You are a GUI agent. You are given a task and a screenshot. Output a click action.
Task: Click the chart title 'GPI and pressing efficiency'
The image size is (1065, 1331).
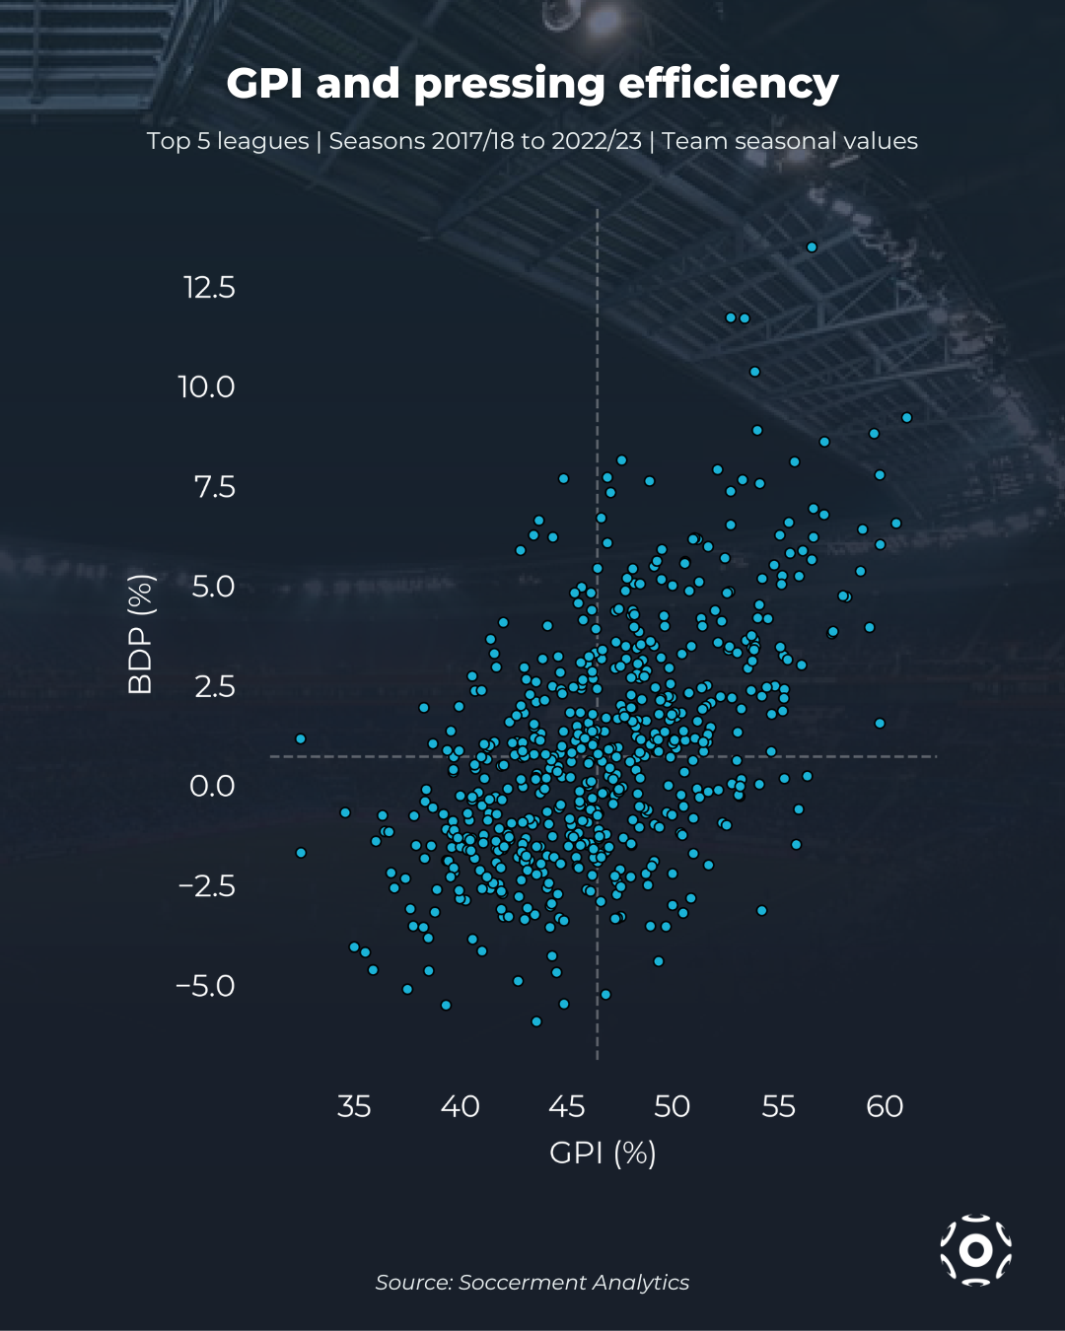pyautogui.click(x=532, y=84)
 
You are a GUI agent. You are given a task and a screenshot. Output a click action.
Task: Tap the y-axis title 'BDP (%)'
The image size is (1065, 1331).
pyautogui.click(x=141, y=634)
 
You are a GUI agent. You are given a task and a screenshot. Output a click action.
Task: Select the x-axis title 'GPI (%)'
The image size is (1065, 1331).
pyautogui.click(x=603, y=1152)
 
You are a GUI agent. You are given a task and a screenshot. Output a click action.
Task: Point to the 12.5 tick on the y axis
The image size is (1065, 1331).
pyautogui.click(x=209, y=288)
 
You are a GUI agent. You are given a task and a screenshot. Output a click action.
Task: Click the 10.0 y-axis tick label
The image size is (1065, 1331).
pyautogui.click(x=206, y=386)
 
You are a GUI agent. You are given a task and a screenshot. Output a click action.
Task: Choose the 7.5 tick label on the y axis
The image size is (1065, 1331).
pyautogui.click(x=214, y=487)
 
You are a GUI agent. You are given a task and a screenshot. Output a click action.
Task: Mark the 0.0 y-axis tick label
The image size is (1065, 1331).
pyautogui.click(x=212, y=786)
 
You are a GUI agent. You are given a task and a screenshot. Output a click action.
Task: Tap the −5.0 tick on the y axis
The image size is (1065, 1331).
pyautogui.click(x=205, y=986)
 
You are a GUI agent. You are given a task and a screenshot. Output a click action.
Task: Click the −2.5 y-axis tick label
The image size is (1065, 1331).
pyautogui.click(x=206, y=885)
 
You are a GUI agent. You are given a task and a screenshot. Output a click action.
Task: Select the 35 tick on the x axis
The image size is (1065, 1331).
pyautogui.click(x=354, y=1106)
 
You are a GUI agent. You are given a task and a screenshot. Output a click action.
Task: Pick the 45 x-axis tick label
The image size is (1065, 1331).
pyautogui.click(x=566, y=1106)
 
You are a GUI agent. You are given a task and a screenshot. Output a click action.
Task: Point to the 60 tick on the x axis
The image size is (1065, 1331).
pyautogui.click(x=885, y=1106)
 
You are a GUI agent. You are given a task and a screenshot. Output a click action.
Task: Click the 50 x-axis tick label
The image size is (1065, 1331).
pyautogui.click(x=673, y=1106)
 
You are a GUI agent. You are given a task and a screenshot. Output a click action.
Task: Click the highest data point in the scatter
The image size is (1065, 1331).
pyautogui.click(x=812, y=247)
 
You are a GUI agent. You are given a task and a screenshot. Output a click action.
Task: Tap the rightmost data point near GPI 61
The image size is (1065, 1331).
pyautogui.click(x=907, y=418)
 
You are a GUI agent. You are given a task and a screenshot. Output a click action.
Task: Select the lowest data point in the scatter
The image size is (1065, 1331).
pyautogui.click(x=536, y=1021)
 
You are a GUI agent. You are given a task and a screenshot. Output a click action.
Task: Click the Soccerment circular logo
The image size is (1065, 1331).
pyautogui.click(x=975, y=1250)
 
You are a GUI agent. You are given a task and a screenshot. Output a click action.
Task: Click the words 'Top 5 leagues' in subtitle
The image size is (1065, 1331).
pyautogui.click(x=228, y=141)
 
